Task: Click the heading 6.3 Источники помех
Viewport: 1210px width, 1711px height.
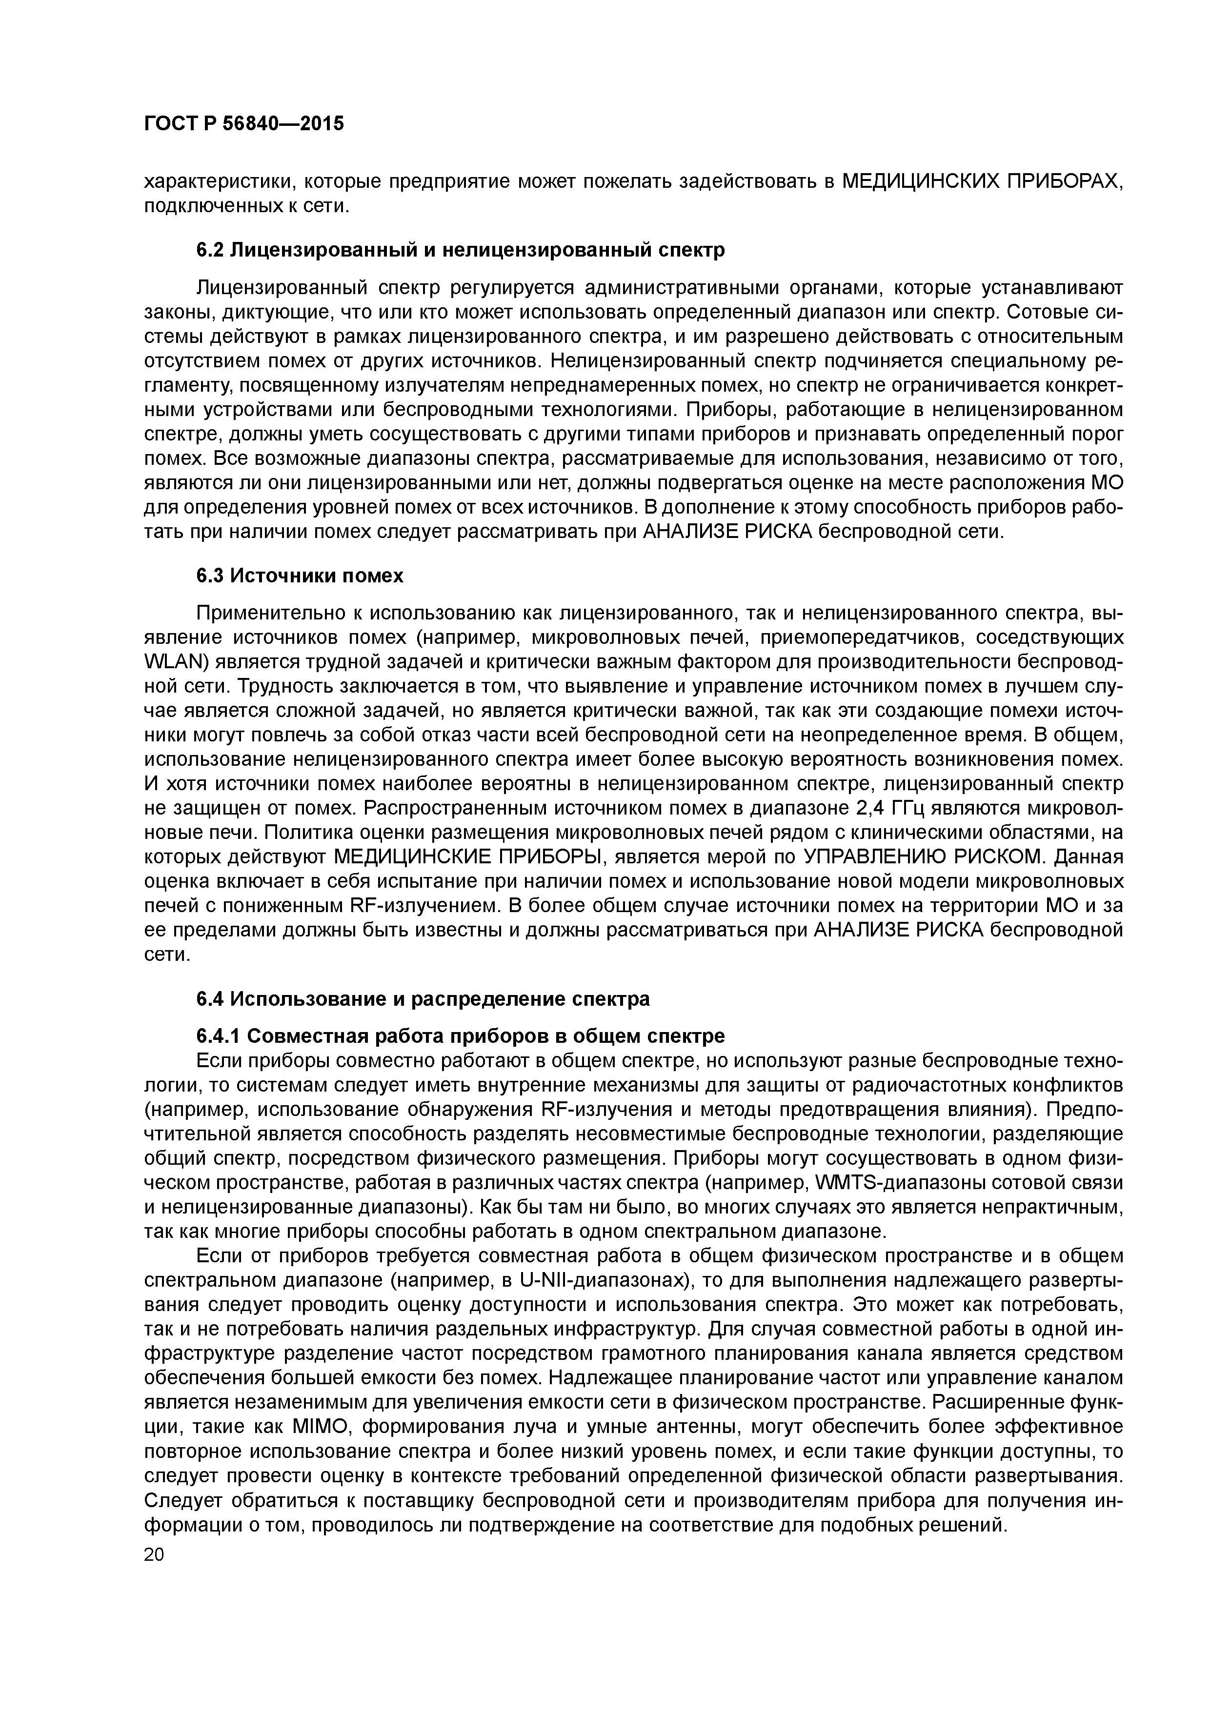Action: pos(300,576)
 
